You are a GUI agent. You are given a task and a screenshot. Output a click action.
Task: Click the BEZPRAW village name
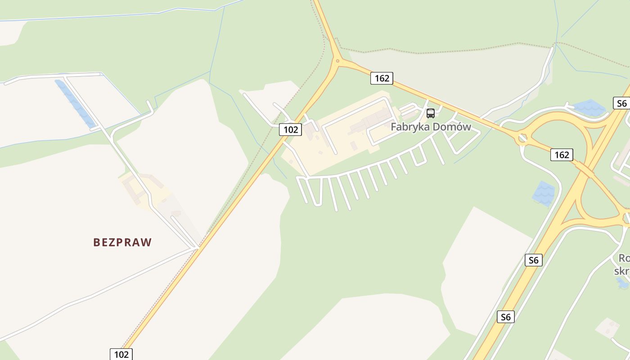click(x=122, y=242)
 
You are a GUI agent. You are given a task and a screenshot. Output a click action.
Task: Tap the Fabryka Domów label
click(x=431, y=127)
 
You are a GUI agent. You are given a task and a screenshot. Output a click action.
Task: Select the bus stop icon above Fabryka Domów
click(x=431, y=113)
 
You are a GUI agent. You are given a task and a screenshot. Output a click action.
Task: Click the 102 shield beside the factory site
click(x=290, y=130)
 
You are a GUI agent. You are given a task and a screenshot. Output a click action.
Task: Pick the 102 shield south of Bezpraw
click(x=121, y=354)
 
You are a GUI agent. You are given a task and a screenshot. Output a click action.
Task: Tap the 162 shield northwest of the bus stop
click(x=382, y=78)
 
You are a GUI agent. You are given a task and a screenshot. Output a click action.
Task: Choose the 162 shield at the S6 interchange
click(x=561, y=155)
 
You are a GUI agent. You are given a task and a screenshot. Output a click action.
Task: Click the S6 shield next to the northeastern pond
click(x=621, y=103)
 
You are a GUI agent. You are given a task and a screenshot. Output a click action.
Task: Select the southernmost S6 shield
click(x=506, y=317)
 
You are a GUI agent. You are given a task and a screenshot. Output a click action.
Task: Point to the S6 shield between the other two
click(x=533, y=260)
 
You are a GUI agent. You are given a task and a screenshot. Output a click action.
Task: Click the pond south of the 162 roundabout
click(x=544, y=193)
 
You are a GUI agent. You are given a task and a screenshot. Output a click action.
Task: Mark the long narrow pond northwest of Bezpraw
click(x=75, y=104)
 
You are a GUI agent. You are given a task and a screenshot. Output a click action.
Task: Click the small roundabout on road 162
click(x=522, y=138)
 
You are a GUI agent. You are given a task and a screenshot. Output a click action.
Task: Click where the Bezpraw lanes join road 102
click(x=197, y=247)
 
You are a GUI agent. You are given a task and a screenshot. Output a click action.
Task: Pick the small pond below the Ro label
click(x=622, y=283)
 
